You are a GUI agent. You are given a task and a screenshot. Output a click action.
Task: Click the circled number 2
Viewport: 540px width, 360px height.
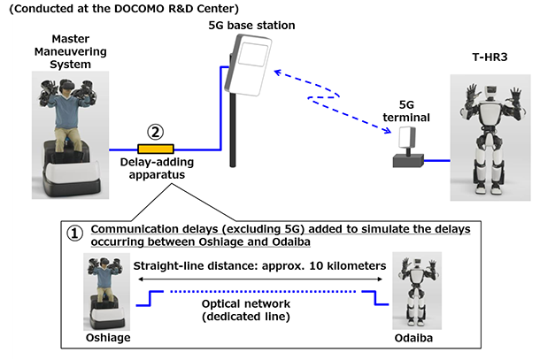tap(157, 132)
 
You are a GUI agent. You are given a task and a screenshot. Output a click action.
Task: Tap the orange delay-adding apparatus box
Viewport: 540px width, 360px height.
tap(156, 149)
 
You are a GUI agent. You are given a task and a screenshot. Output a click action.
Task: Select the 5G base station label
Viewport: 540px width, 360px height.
tap(258, 25)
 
